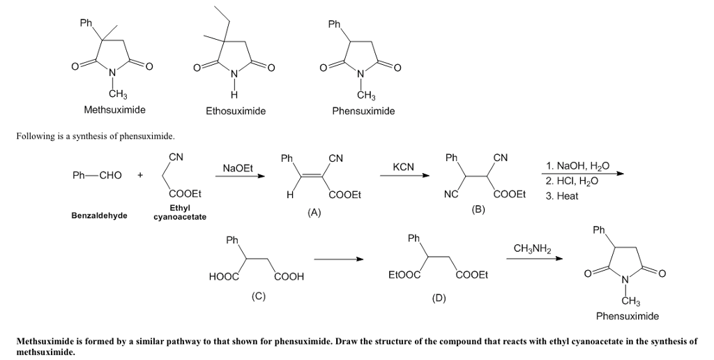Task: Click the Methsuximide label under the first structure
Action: (114, 110)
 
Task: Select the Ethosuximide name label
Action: (236, 111)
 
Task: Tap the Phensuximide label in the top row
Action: (363, 111)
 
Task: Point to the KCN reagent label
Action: (403, 167)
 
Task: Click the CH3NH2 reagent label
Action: (532, 248)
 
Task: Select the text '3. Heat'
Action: (562, 196)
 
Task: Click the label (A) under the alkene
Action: (314, 213)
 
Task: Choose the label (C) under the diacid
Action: (259, 296)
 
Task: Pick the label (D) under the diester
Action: (438, 298)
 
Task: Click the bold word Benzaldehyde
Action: (99, 216)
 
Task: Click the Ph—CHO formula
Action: (97, 175)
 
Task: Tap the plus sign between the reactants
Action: (140, 175)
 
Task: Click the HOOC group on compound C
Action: (224, 277)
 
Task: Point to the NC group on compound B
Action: (451, 195)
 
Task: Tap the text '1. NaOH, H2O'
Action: (578, 166)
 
